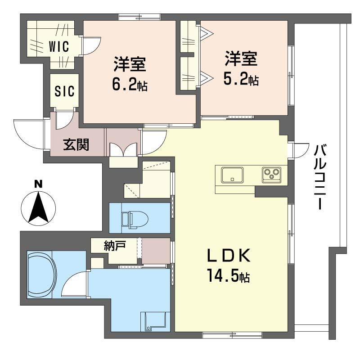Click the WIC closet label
59,46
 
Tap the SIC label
64,91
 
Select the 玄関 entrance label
76,144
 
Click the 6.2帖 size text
130,84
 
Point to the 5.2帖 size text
241,80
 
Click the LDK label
229,256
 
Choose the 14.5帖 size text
229,275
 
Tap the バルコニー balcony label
320,177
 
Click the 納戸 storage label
115,245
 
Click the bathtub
41,274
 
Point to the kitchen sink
232,175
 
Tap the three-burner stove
272,175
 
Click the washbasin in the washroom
155,321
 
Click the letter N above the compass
38,184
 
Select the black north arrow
38,207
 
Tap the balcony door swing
301,151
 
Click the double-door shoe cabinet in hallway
123,150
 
